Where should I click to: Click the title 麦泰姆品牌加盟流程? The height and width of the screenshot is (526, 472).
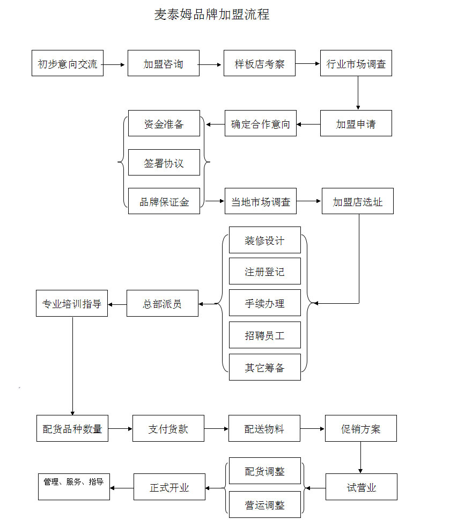click(x=211, y=14)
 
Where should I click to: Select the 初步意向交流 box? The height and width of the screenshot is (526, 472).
click(x=68, y=63)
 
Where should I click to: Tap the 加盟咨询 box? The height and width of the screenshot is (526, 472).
click(x=164, y=63)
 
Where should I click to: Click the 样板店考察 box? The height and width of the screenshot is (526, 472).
click(x=260, y=63)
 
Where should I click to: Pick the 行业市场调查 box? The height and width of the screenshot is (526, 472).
click(x=356, y=63)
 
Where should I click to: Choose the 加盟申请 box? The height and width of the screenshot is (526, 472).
click(x=356, y=123)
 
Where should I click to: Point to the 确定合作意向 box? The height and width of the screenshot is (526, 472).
click(x=261, y=123)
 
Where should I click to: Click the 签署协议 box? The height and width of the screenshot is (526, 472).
click(x=164, y=162)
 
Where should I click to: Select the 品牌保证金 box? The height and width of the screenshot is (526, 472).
click(x=164, y=201)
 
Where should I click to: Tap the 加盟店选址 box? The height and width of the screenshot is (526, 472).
click(x=358, y=201)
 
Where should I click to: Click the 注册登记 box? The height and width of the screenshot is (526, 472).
click(x=265, y=271)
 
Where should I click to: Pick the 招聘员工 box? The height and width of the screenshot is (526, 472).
click(x=265, y=335)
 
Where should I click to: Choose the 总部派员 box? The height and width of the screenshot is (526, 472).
click(x=162, y=303)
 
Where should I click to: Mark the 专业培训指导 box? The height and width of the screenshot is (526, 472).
click(x=72, y=303)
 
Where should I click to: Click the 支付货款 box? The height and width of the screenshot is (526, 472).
click(x=168, y=428)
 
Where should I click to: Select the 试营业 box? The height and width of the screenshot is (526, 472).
click(x=362, y=487)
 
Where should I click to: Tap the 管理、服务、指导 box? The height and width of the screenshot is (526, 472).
click(x=74, y=487)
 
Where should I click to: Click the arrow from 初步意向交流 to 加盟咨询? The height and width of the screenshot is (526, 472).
click(x=113, y=64)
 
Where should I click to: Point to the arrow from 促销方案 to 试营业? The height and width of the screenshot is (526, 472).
click(x=360, y=457)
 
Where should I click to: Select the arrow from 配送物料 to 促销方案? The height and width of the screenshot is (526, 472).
click(x=312, y=429)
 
